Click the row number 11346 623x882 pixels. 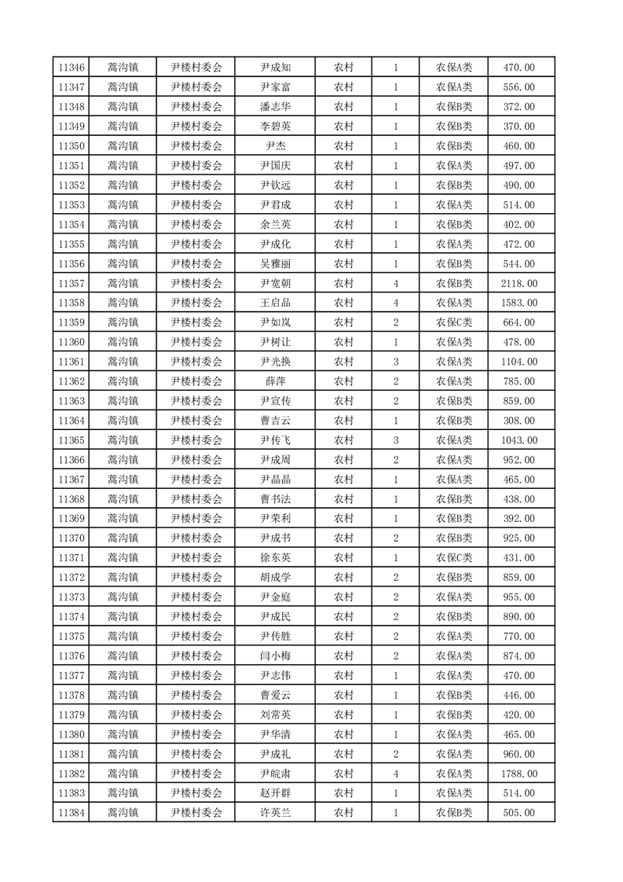coord(71,68)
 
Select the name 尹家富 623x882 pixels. coord(275,87)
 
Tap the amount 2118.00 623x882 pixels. coord(519,283)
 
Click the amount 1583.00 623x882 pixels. coord(519,303)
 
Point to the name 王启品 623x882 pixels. coord(275,303)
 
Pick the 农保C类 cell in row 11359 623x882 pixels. coord(454,322)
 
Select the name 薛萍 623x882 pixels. coord(275,381)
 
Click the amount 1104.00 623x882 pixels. coord(519,362)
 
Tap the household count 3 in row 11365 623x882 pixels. coord(396,440)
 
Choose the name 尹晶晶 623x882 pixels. coord(275,480)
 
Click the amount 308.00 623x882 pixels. coord(519,421)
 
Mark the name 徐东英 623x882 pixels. coord(275,557)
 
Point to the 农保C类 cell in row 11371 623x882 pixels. coord(454,557)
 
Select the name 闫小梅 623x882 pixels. coord(275,656)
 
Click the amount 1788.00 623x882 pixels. coord(519,774)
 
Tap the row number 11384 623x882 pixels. coord(71,813)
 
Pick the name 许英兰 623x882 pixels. coord(275,813)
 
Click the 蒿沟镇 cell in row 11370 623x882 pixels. coord(123,538)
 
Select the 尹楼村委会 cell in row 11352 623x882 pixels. coord(196,186)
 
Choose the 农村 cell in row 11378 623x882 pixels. coord(343,695)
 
